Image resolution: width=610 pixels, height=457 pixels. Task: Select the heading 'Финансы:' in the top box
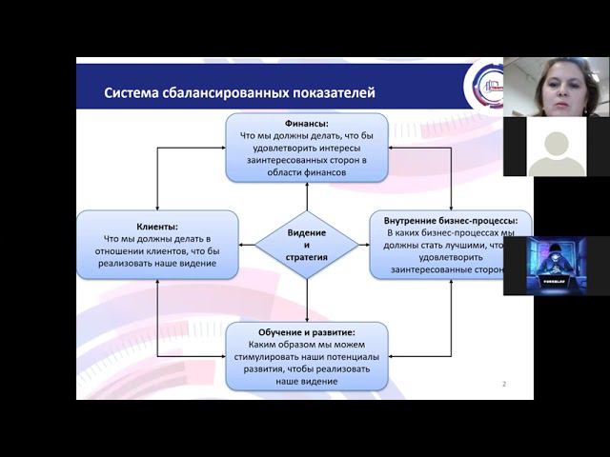point(307,124)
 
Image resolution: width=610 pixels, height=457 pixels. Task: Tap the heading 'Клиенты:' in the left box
point(157,226)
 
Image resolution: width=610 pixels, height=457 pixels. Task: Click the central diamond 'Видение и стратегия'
point(307,245)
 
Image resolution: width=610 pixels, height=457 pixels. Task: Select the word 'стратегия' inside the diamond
point(307,257)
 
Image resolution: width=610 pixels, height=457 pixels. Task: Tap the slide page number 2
point(503,384)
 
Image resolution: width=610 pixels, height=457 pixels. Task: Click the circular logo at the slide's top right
point(483,86)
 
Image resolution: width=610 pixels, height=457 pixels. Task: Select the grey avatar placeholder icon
point(556,148)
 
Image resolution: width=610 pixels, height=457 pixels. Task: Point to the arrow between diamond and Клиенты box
point(246,245)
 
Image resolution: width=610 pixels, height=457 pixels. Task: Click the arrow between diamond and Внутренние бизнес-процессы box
point(364,245)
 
